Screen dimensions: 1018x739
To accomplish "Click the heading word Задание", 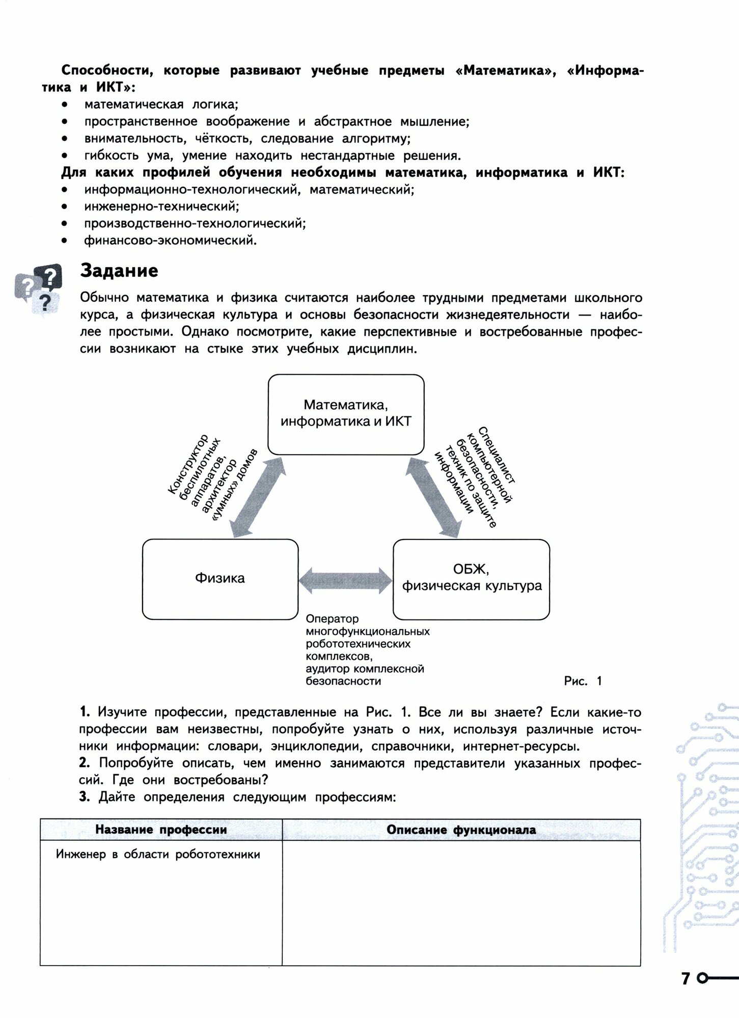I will point(119,271).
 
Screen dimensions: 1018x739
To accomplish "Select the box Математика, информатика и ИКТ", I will point(346,414).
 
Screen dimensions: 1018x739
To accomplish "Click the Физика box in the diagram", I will point(220,579).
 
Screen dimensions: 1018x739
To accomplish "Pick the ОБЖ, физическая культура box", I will point(471,579).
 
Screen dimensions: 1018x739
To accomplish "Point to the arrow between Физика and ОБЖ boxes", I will point(345,580).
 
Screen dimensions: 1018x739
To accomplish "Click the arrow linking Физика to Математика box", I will point(257,496).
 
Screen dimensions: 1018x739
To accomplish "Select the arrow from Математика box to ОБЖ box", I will point(433,496).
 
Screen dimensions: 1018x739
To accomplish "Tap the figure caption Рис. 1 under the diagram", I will point(583,681).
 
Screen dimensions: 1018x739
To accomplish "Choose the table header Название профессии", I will point(161,830).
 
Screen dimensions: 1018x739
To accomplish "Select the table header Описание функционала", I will point(461,830).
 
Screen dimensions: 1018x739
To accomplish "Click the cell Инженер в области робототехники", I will point(158,855).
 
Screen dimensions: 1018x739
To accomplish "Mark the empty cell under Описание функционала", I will point(461,903).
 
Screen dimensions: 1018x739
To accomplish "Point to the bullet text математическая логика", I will point(161,104).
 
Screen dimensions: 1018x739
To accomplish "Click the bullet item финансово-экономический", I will point(171,240).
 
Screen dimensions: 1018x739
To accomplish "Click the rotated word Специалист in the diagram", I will point(497,454).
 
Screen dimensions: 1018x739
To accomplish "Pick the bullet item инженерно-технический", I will point(161,206).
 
